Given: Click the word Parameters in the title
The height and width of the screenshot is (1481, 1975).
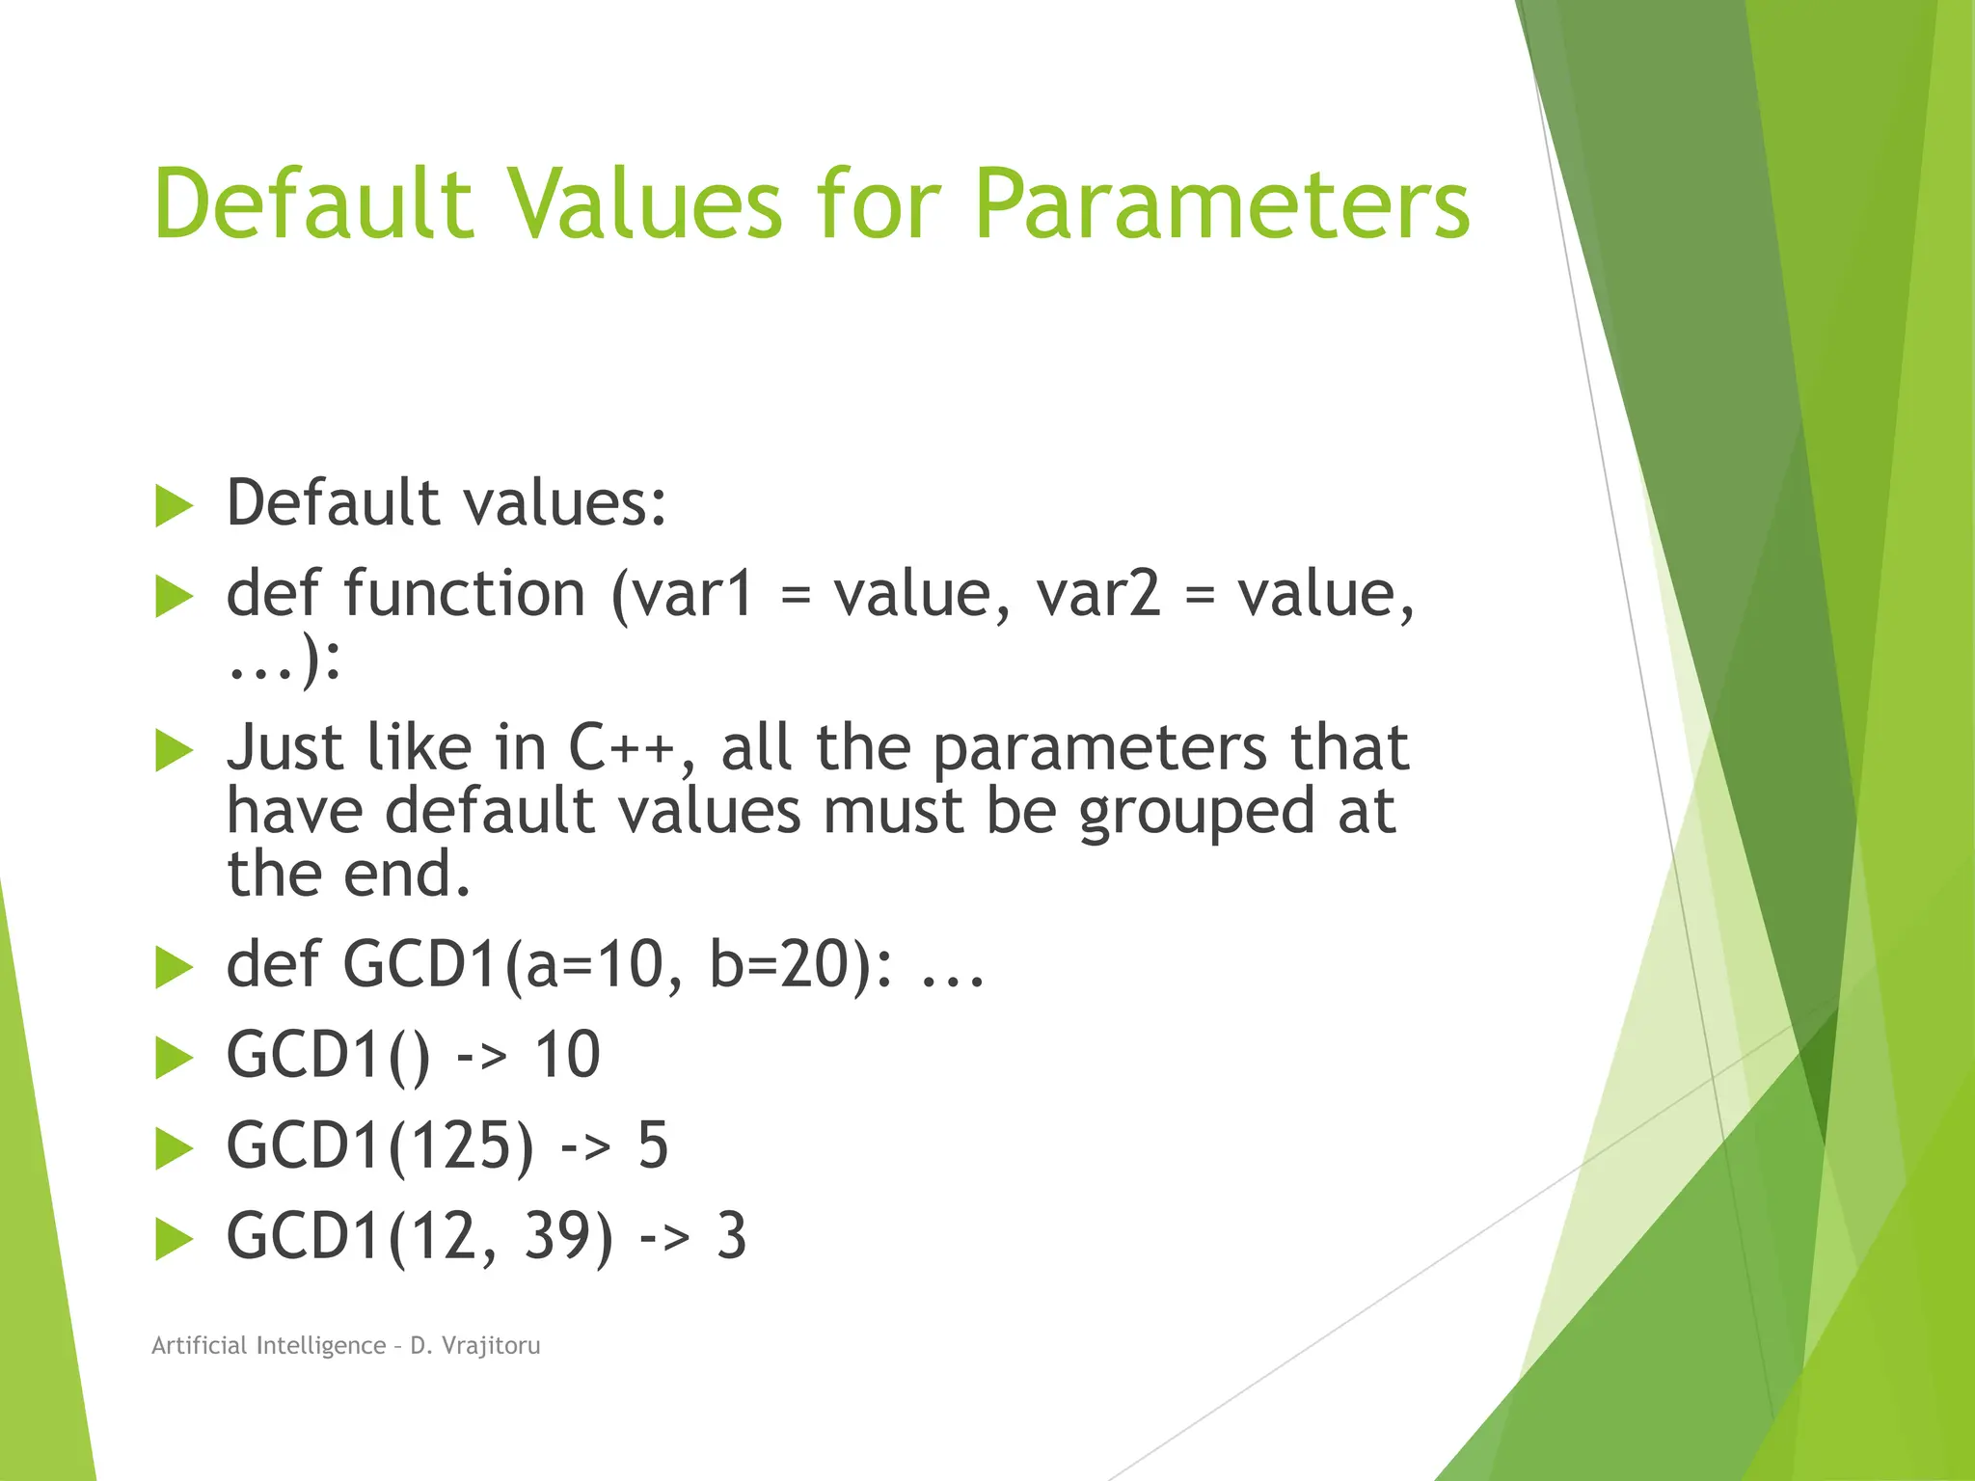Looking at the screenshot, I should pyautogui.click(x=1221, y=204).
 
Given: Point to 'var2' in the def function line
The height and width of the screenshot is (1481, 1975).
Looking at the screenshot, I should pyautogui.click(x=1098, y=593).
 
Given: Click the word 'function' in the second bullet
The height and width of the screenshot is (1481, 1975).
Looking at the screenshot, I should pyautogui.click(x=464, y=593).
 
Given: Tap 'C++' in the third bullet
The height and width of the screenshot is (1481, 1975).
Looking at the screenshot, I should pyautogui.click(x=621, y=748).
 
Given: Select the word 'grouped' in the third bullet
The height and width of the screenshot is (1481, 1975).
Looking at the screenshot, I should pyautogui.click(x=1196, y=812).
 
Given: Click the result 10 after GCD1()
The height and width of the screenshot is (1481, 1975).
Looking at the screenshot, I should pyautogui.click(x=567, y=1055).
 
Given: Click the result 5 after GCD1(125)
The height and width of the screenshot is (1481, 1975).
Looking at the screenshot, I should pyautogui.click(x=653, y=1145).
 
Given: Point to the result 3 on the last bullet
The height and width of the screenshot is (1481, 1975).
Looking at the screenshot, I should pyautogui.click(x=731, y=1236).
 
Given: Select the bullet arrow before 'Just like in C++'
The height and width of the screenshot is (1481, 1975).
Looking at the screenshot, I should pyautogui.click(x=175, y=751).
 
